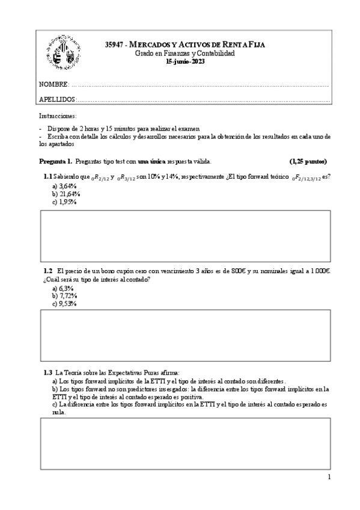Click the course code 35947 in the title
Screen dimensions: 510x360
point(113,45)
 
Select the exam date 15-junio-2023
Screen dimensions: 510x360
point(185,61)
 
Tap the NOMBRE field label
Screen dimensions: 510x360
point(53,84)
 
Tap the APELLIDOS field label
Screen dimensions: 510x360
point(57,99)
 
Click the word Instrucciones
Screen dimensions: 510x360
point(58,115)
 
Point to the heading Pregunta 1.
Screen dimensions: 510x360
point(56,161)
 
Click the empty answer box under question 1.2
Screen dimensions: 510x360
point(185,335)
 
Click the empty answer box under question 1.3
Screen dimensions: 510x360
point(185,443)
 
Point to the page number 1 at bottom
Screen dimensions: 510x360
point(329,478)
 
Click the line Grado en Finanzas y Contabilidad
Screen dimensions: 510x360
point(185,53)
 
